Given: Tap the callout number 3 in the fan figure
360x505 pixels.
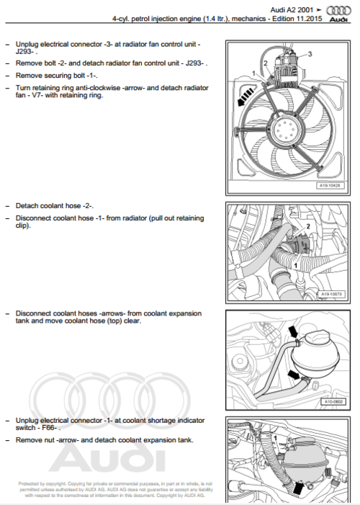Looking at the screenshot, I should tap(310, 54).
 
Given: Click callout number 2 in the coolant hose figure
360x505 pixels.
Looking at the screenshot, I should tap(307, 227).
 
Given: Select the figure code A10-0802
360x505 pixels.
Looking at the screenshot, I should tap(333, 402).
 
